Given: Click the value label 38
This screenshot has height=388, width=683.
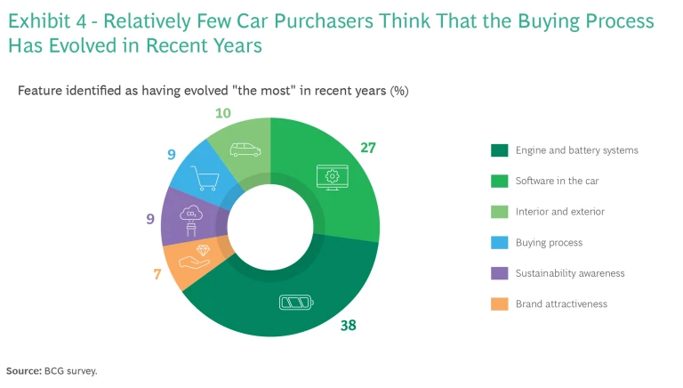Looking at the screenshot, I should click(348, 326).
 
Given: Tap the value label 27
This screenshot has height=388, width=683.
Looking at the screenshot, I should click(368, 147).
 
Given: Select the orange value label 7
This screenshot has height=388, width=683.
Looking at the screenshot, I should click(157, 274).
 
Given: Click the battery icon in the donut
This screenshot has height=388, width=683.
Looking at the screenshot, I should click(296, 303).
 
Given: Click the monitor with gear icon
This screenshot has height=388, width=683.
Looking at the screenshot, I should click(333, 177).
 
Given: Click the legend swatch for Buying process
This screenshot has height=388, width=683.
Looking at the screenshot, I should click(499, 243).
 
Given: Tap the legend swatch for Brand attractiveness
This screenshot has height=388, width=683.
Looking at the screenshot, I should click(499, 304).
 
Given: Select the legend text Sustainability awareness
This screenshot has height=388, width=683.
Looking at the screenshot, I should click(570, 273).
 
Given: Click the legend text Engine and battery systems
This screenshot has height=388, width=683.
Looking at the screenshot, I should click(576, 150).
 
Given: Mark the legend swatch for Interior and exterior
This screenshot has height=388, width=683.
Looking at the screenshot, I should click(499, 212).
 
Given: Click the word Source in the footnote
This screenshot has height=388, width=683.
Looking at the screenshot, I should click(23, 371).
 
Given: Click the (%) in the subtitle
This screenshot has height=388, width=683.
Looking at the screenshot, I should click(399, 91).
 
